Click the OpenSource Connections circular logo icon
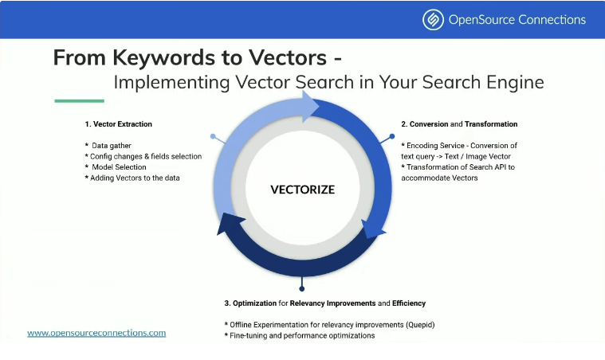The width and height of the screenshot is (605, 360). [433, 19]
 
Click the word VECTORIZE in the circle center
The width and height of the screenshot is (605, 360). [303, 190]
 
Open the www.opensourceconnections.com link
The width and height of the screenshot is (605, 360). [96, 333]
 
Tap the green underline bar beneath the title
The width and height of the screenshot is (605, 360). [80, 101]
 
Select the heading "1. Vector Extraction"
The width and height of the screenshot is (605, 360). [119, 124]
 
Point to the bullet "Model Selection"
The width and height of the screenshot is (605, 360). [116, 167]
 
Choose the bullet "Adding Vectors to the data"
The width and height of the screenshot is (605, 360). [132, 178]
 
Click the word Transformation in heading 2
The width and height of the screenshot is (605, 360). [491, 124]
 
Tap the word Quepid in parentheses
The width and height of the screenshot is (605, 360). [420, 325]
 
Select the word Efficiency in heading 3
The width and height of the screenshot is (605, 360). [409, 303]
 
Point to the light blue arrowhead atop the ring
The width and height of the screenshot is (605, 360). [310, 107]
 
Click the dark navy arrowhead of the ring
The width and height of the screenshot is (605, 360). [230, 224]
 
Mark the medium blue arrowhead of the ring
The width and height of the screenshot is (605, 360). [372, 229]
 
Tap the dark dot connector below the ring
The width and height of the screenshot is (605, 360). [302, 288]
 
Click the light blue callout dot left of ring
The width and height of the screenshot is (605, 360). [213, 136]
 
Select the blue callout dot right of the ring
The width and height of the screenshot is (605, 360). [392, 136]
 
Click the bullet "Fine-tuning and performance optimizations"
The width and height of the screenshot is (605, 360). [300, 336]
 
